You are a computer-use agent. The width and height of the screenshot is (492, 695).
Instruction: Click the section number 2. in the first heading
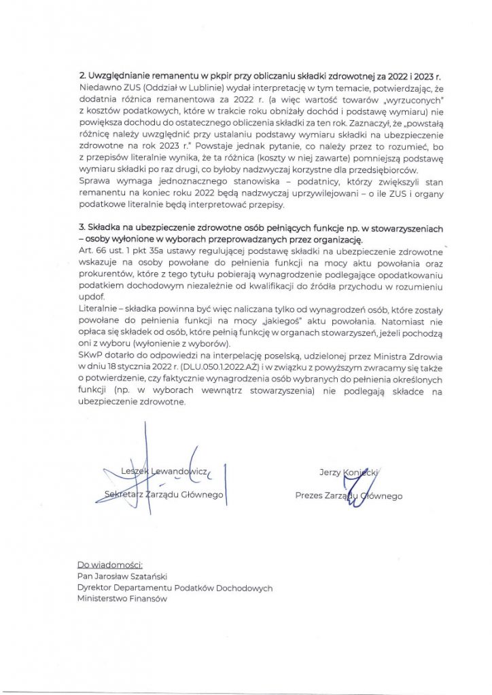82,77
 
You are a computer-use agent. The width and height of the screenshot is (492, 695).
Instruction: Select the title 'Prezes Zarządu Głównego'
349,495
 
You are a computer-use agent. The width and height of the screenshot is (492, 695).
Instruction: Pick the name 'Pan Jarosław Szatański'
122,576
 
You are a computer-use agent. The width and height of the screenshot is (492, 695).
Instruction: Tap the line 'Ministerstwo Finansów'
122,599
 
